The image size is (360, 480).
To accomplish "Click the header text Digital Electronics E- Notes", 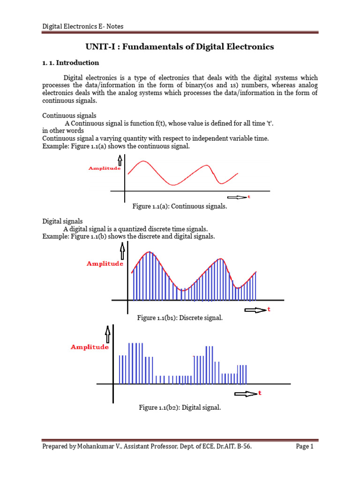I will pyautogui.click(x=83, y=27).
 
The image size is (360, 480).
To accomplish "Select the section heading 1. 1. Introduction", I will pyautogui.click(x=71, y=62).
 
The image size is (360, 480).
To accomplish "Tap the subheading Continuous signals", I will pyautogui.click(x=69, y=115).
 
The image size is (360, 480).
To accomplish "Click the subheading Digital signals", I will pyautogui.click(x=63, y=221).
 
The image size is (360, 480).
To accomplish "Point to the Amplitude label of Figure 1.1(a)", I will pyautogui.click(x=105, y=168).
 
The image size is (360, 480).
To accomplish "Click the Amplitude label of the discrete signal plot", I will pyautogui.click(x=105, y=264).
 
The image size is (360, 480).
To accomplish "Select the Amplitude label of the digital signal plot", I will pyautogui.click(x=90, y=347).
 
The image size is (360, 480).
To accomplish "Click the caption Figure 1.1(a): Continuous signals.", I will pyautogui.click(x=180, y=206).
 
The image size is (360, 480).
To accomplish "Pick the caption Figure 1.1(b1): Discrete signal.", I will pyautogui.click(x=180, y=318).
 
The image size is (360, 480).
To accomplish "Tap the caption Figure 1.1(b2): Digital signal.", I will pyautogui.click(x=180, y=408).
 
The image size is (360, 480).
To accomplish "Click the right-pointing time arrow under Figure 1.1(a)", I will pyautogui.click(x=237, y=197).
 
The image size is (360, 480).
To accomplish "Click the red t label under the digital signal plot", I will pyautogui.click(x=259, y=393).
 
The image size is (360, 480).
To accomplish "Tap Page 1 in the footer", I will pyautogui.click(x=305, y=447).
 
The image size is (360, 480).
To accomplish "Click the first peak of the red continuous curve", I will pyautogui.click(x=144, y=161).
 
